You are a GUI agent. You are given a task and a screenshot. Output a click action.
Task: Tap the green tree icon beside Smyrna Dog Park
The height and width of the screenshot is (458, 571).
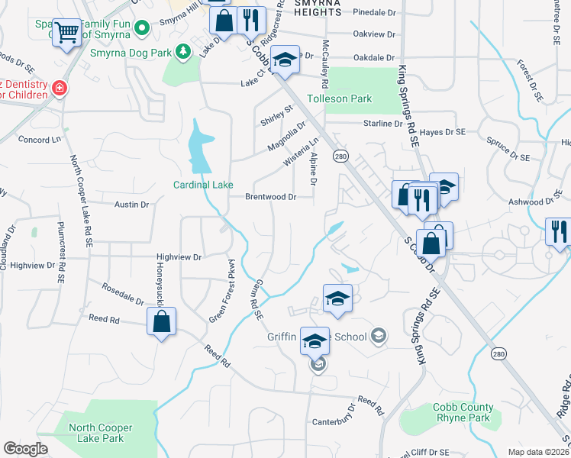pyautogui.click(x=182, y=52)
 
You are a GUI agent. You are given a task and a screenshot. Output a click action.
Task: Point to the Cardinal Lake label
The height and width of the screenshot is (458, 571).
pyautogui.click(x=202, y=185)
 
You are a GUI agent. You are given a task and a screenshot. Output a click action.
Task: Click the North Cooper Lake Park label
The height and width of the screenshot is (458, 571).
pyautogui.click(x=101, y=433)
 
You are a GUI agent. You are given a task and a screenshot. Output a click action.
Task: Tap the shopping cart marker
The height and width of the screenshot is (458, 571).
pyautogui.click(x=68, y=33)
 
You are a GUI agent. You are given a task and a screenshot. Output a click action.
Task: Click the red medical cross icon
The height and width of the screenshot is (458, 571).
pyautogui.click(x=59, y=89)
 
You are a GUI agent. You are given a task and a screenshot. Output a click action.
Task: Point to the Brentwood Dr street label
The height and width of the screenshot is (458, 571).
pyautogui.click(x=270, y=197)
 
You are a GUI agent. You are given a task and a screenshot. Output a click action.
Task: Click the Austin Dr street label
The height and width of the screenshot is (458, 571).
pyautogui.click(x=131, y=205)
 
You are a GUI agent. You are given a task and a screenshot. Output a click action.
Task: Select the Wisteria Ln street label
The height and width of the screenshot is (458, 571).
pyautogui.click(x=302, y=153)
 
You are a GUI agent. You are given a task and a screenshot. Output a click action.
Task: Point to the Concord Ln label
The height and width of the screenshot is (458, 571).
pyautogui.click(x=39, y=140)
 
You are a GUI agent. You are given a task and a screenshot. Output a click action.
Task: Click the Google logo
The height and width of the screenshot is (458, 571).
pyautogui.click(x=25, y=448)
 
